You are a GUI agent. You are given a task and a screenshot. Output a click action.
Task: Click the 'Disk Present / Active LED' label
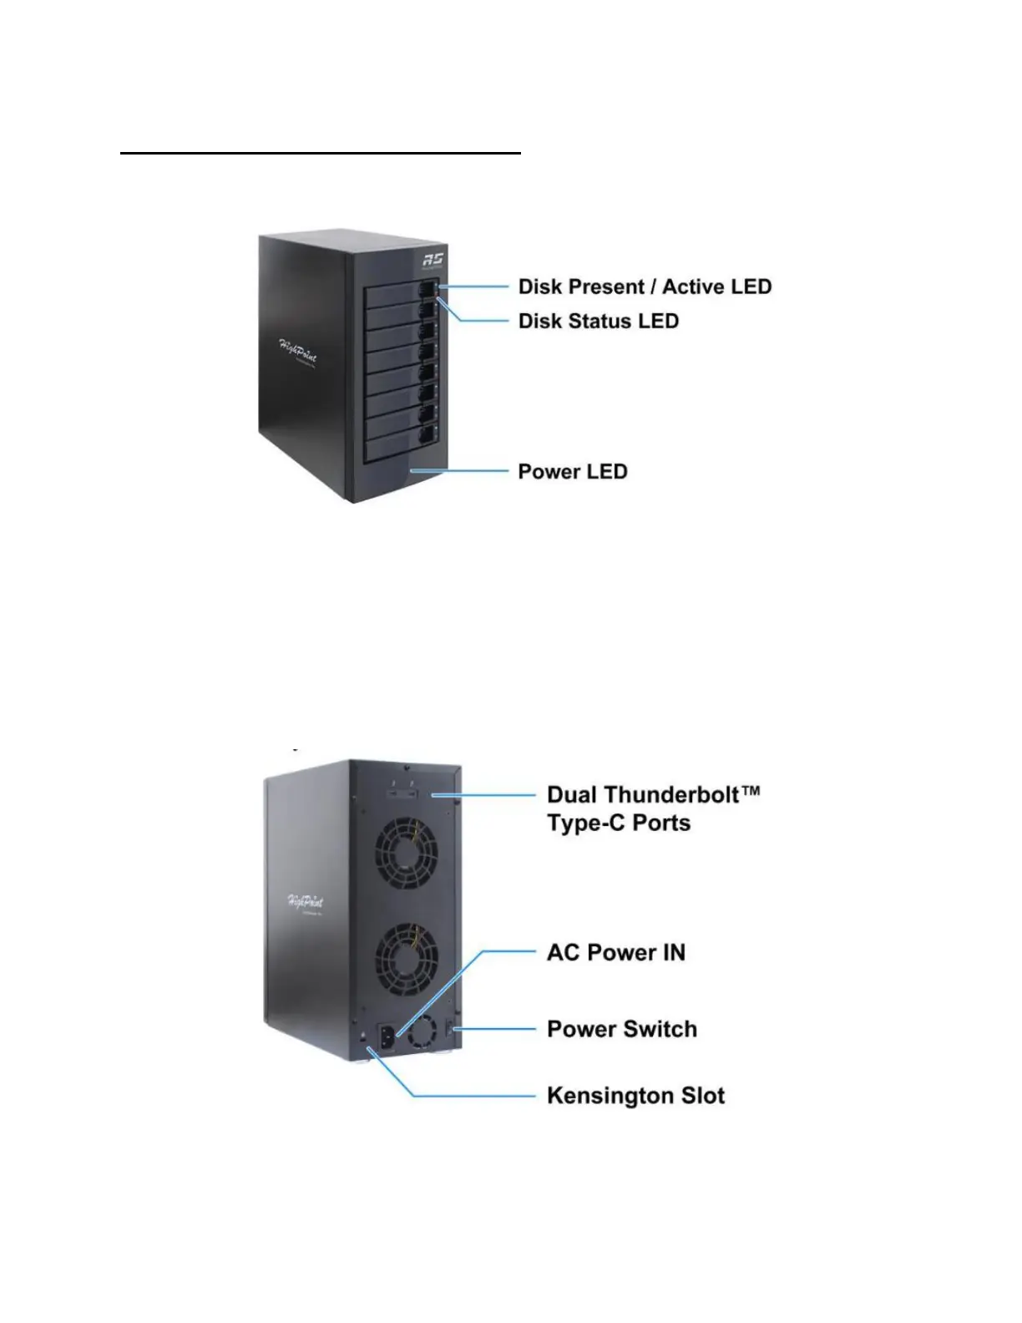645,287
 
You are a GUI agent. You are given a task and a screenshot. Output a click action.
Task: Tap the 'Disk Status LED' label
598,322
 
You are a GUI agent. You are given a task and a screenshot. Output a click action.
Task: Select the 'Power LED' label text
572,472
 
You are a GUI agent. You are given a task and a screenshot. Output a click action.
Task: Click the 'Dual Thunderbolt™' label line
653,794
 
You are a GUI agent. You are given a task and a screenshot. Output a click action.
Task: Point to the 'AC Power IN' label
615,953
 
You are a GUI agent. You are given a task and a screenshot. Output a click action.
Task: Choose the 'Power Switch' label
621,1029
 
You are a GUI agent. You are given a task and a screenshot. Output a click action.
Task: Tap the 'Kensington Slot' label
635,1096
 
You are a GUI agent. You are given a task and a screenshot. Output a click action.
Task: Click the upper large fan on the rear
407,852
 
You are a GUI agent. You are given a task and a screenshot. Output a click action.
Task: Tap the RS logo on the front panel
433,260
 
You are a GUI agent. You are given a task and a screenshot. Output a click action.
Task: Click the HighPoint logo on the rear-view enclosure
306,903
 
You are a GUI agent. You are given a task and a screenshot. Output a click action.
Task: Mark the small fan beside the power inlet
422,1032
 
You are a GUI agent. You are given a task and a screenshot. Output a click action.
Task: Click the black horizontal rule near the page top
321,154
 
